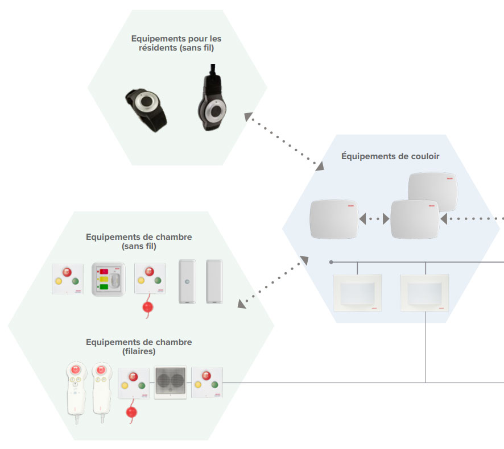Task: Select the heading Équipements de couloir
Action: pos(390,156)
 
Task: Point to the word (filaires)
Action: pos(139,352)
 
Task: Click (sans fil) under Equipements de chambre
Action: pos(139,247)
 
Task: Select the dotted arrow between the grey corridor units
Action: pos(374,218)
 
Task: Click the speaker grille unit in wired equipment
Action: pos(171,381)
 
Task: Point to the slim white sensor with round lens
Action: pos(188,281)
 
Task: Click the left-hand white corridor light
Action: pos(357,292)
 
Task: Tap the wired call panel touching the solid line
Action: pos(208,383)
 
